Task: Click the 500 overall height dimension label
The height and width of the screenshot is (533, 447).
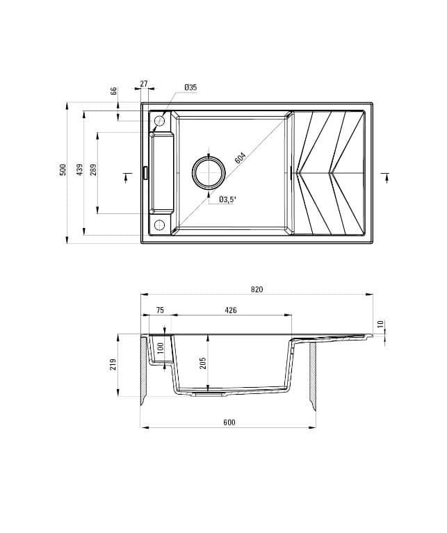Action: (x=63, y=170)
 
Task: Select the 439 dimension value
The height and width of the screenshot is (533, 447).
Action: (x=80, y=170)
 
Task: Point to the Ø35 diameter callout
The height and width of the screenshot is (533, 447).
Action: (x=190, y=87)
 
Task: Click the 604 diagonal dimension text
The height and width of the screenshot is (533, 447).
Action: (x=241, y=158)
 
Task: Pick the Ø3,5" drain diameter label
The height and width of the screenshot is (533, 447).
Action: (x=228, y=199)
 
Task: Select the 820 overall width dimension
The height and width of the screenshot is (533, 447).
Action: (x=257, y=289)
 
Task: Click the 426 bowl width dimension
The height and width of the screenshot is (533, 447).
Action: (x=231, y=311)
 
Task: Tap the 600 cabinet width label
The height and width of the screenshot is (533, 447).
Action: (x=229, y=423)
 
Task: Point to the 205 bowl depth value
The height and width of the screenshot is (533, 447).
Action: (x=204, y=363)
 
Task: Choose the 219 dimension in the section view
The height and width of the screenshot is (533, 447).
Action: (x=113, y=364)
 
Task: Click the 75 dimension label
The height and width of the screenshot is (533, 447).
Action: (x=160, y=311)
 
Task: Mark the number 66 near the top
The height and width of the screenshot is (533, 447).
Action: (x=113, y=91)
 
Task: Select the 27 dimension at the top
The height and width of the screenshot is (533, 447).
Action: (x=144, y=83)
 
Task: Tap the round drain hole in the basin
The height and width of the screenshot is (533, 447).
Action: (x=209, y=172)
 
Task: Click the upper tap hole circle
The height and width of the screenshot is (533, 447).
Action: (x=159, y=122)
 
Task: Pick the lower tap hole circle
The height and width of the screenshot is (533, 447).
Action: (x=159, y=224)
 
